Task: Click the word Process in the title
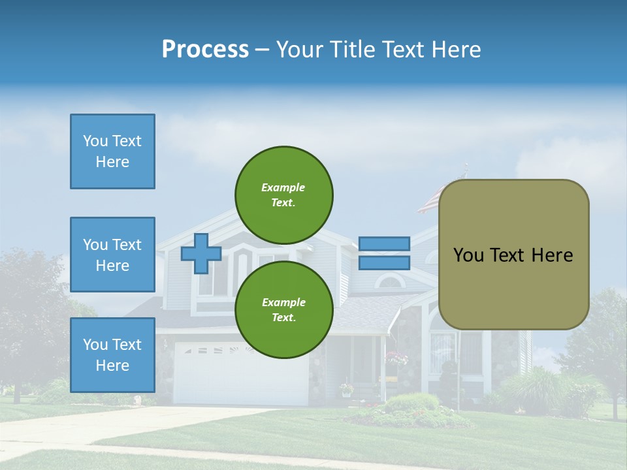tap(205, 49)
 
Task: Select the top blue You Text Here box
tap(112, 151)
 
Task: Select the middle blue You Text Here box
tap(112, 255)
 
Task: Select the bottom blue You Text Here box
tap(112, 355)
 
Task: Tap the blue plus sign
tap(201, 253)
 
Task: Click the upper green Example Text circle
tap(284, 195)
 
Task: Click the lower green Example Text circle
tap(284, 310)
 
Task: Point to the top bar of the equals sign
tap(385, 243)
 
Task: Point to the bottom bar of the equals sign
tap(385, 263)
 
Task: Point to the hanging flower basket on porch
tap(396, 358)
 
